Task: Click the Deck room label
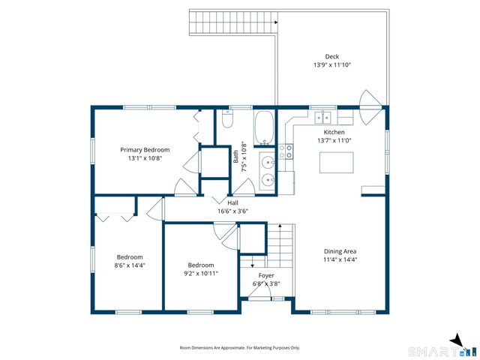coord(331,57)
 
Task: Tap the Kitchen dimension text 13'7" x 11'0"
coord(334,140)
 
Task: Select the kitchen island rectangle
coord(337,163)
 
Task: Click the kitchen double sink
coord(323,117)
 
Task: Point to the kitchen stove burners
coord(286,151)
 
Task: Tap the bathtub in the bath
coord(264,127)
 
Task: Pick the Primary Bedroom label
coord(145,150)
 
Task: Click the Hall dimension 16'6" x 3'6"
coord(232,211)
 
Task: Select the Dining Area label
coord(340,251)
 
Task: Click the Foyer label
coord(266,275)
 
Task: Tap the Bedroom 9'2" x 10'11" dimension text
coord(201,273)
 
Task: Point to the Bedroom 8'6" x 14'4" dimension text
coord(130,265)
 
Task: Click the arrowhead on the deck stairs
coord(276,22)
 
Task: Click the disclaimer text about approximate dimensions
coord(240,348)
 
